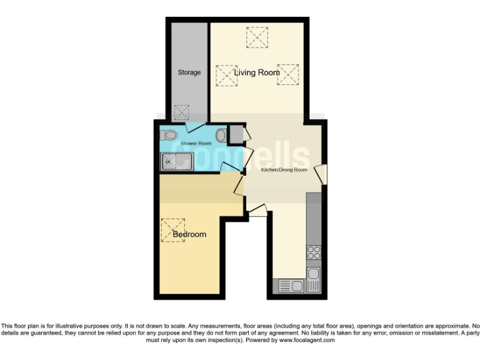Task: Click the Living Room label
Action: click(257, 72)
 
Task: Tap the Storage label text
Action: click(189, 72)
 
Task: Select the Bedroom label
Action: click(189, 234)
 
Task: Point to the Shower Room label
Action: click(196, 144)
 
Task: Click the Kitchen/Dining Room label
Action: click(284, 169)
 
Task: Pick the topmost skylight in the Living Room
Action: click(257, 37)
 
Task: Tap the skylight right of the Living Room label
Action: click(287, 74)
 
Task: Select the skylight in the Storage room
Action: click(182, 112)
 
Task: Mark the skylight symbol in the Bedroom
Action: click(173, 229)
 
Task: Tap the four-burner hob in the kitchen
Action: click(313, 253)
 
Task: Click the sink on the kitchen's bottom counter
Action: click(291, 286)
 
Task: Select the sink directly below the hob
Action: click(313, 275)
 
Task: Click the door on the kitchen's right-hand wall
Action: click(321, 174)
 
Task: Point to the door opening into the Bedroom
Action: click(239, 185)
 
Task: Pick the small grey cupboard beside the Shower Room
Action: click(236, 134)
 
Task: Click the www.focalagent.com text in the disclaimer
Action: click(306, 340)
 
